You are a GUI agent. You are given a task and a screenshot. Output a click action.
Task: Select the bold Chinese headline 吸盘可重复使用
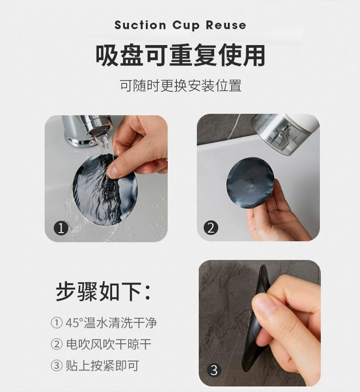tap(180, 56)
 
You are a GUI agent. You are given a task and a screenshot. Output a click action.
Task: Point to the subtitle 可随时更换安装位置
tap(180, 85)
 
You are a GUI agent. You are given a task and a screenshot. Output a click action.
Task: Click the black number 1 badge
tap(61, 227)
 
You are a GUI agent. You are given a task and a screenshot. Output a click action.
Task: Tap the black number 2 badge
tap(211, 227)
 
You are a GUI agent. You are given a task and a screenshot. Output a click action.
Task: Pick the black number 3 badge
tap(213, 370)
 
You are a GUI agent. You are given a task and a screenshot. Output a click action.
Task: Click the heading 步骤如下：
tap(103, 292)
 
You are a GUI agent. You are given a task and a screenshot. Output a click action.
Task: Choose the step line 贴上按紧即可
tap(102, 365)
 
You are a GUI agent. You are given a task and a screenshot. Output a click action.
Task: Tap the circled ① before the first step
tap(56, 323)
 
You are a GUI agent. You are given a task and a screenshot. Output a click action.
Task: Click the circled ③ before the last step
tap(56, 365)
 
